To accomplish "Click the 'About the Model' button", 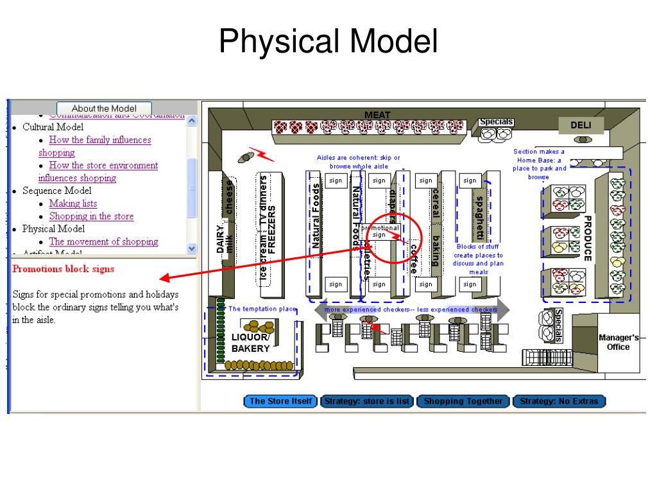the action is [x=105, y=108].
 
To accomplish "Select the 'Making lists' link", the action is [x=73, y=203].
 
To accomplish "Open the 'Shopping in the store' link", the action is [x=91, y=216].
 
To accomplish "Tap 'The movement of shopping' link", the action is [x=103, y=242].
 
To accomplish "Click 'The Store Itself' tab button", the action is [x=281, y=402].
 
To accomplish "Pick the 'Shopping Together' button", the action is [x=463, y=402].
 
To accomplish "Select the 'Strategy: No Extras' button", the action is [x=559, y=402].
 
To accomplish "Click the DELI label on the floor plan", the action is [x=581, y=125].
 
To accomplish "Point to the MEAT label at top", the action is [x=377, y=115].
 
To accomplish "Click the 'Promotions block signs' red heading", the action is [x=64, y=269].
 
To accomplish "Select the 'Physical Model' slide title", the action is [x=328, y=42].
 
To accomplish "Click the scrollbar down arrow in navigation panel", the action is [x=191, y=248].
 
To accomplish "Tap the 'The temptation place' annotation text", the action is [x=262, y=309].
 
